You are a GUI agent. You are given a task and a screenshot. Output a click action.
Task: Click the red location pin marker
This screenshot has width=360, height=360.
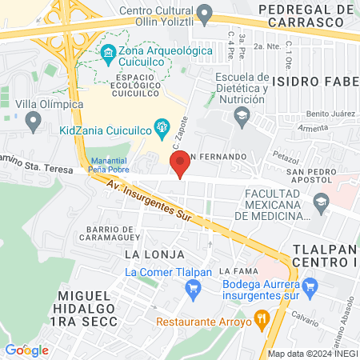pos(180,163)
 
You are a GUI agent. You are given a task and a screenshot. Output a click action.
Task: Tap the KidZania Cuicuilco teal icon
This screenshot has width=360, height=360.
pos(162,126)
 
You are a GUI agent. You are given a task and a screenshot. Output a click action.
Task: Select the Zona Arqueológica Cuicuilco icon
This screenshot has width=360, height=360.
pos(109,52)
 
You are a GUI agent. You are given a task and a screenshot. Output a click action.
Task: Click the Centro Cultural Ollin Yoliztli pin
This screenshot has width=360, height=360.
pos(205,13)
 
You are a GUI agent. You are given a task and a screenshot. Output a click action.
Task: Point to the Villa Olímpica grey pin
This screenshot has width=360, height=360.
pos(34,122)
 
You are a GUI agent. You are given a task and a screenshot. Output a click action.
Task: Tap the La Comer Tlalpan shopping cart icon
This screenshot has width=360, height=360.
pos(192,289)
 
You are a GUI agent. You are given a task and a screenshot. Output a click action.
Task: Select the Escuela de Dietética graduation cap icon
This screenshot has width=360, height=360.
pos(240,117)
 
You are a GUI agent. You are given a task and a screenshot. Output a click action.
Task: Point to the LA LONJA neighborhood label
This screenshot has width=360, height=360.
pos(148,254)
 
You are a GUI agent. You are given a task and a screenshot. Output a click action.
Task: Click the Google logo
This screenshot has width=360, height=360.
pos(26,350)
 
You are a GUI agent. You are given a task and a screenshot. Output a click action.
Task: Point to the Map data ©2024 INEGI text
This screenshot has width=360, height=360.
pos(311,353)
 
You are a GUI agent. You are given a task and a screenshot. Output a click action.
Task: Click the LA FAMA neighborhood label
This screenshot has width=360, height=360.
pos(245,272)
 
